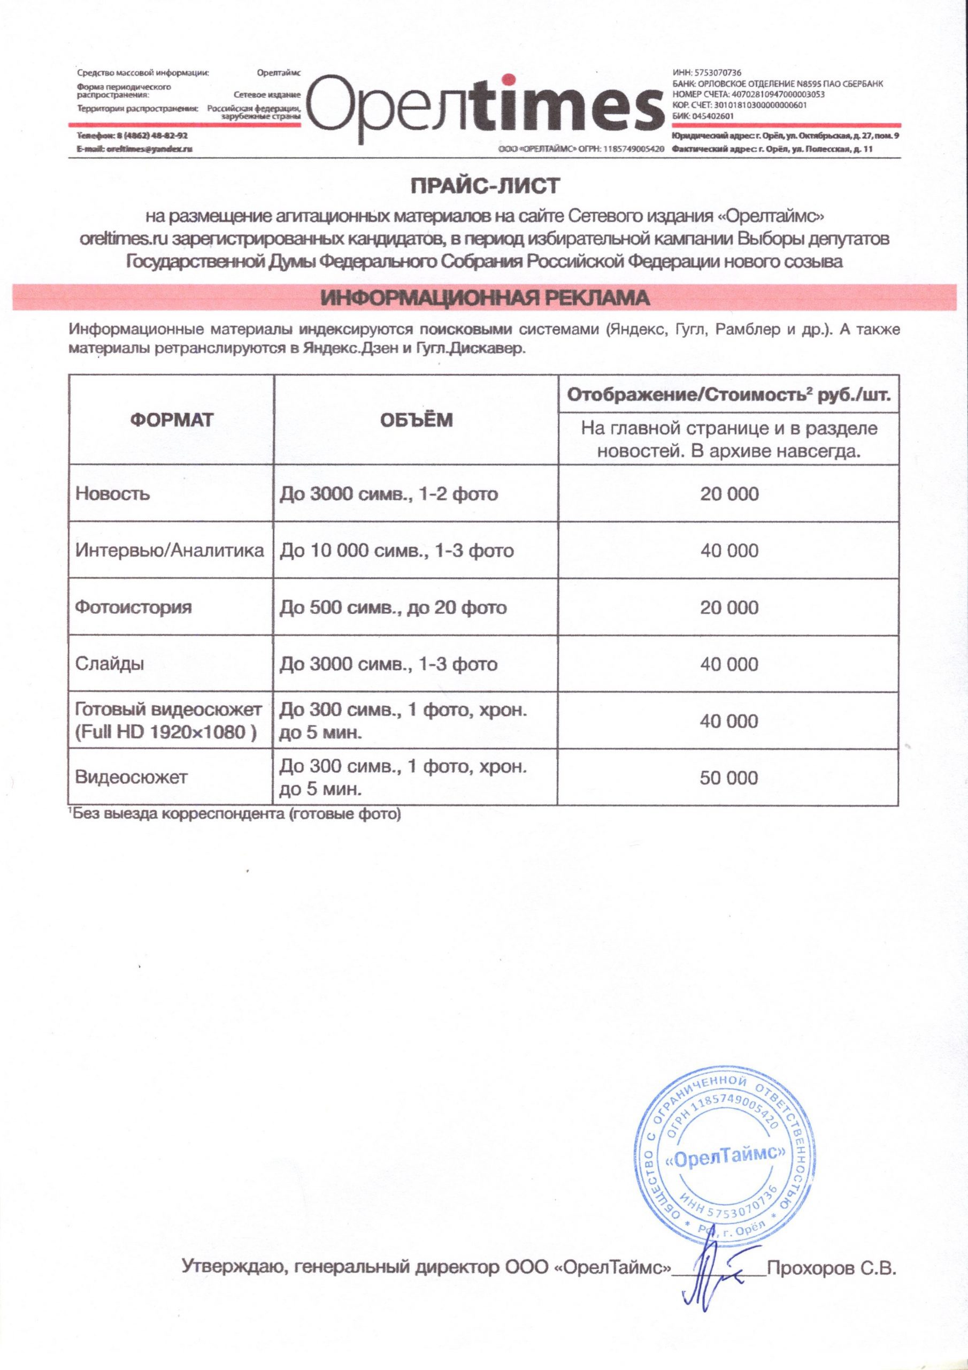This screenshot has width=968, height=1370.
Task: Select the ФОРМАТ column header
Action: click(171, 420)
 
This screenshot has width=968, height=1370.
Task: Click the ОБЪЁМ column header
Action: click(416, 420)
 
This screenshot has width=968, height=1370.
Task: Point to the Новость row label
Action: click(113, 493)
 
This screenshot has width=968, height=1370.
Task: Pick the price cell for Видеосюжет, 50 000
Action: click(729, 778)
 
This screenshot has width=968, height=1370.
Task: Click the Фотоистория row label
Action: click(134, 607)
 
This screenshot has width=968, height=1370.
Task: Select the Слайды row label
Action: click(110, 664)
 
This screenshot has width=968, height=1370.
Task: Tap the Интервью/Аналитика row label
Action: click(170, 550)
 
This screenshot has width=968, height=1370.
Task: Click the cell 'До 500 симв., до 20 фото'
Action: click(393, 607)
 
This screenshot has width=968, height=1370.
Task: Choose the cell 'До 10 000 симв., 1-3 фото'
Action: click(397, 550)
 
